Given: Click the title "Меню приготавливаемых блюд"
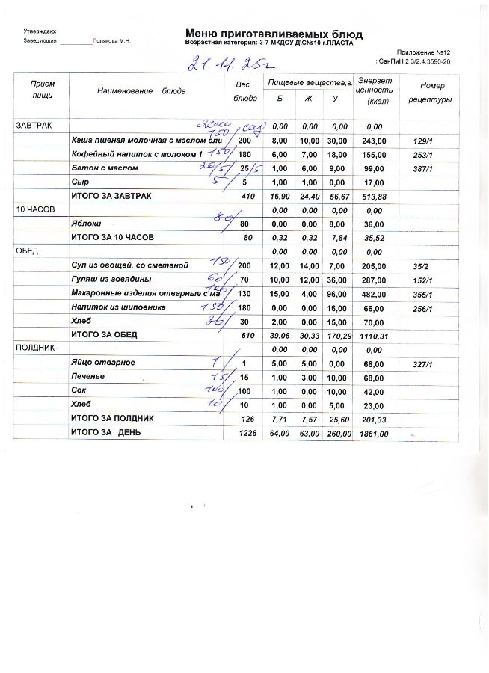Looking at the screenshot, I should click(274, 34).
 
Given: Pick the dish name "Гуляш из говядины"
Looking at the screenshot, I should click(111, 280).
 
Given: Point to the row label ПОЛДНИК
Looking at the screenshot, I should click(31, 348).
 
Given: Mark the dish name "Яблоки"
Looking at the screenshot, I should click(86, 224).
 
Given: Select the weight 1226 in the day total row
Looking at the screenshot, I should click(247, 432).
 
